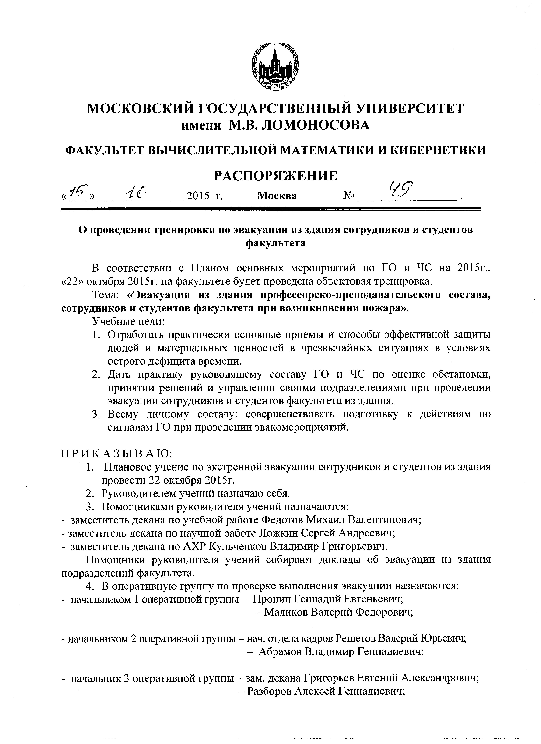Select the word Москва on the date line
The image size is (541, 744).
pyautogui.click(x=277, y=196)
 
